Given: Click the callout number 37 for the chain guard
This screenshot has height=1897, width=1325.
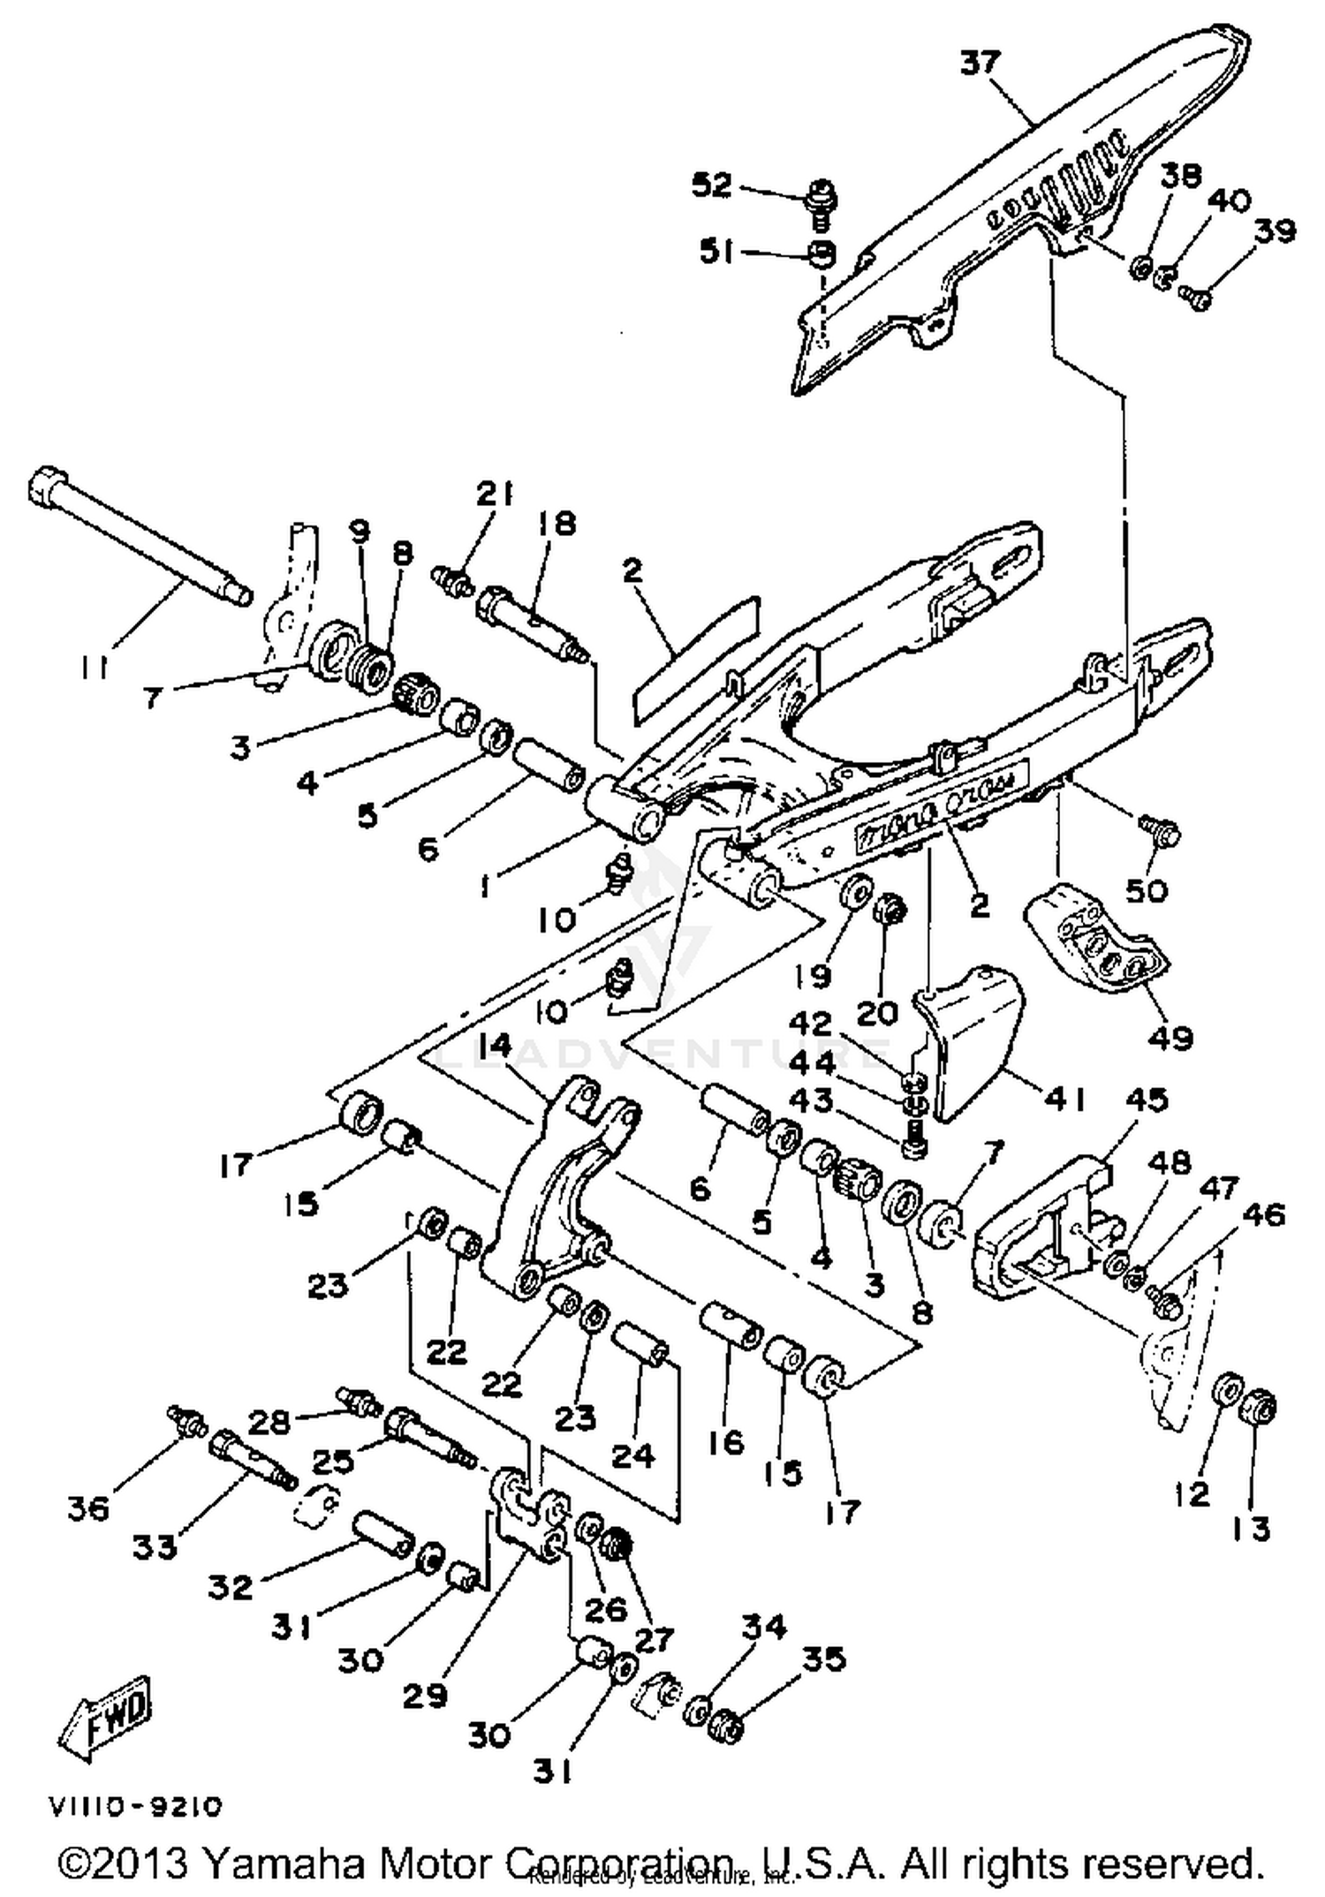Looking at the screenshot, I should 980,64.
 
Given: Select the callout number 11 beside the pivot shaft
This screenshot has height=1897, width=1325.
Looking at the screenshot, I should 92,669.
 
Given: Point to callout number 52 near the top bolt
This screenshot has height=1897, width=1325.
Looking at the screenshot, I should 712,185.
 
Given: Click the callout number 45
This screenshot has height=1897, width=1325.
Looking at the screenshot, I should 1147,1100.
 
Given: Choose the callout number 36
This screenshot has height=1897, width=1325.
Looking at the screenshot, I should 88,1508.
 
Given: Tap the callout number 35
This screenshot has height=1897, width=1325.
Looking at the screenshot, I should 824,1659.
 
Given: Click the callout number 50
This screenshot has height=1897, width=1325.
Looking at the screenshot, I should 1147,890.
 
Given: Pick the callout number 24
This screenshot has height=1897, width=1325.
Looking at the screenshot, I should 632,1455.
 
